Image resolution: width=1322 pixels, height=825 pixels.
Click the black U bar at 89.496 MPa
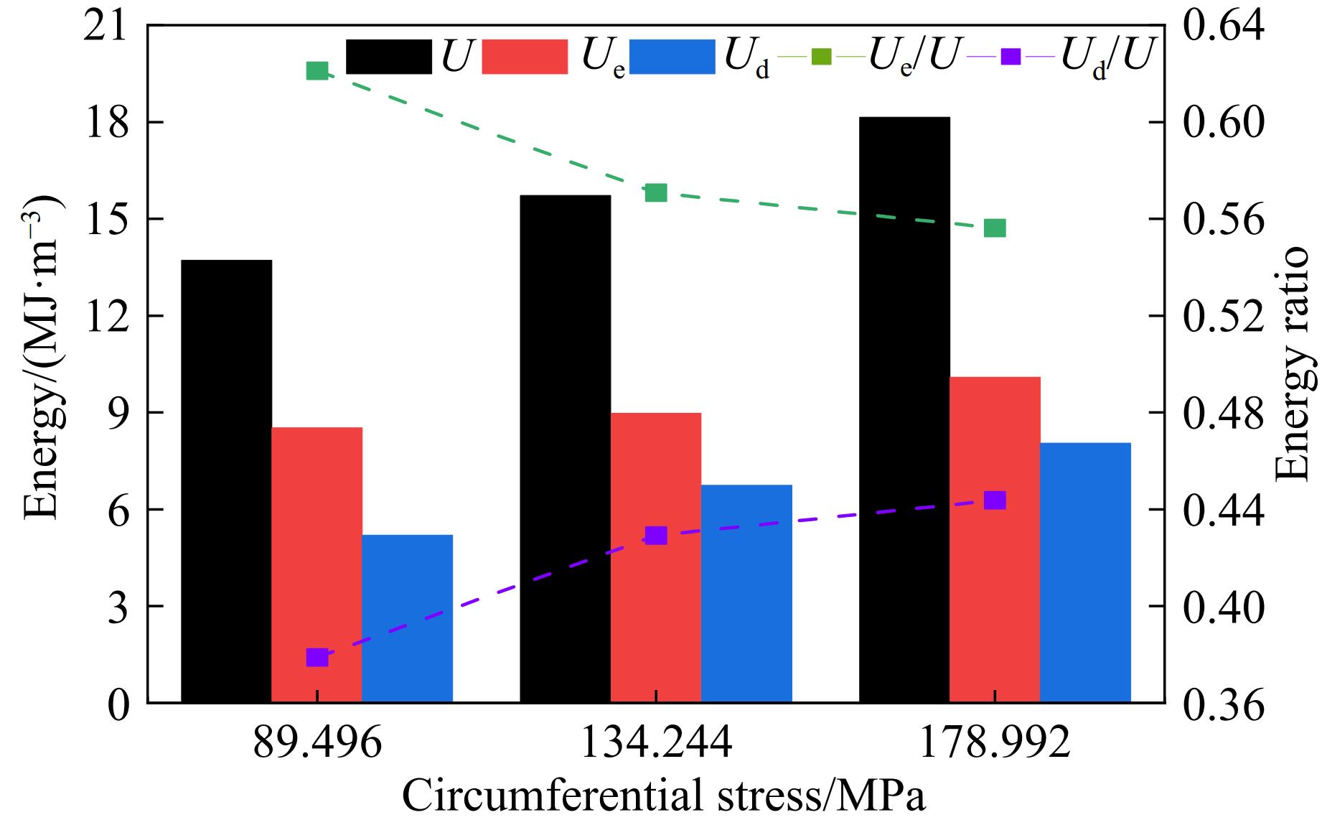tap(226, 481)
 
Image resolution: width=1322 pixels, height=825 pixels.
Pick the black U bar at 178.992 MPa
tap(904, 409)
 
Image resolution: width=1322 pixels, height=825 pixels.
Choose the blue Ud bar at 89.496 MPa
tap(407, 618)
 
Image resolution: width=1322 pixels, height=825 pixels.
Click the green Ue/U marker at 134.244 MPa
tap(656, 192)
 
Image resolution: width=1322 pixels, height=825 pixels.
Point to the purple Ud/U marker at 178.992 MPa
tap(995, 500)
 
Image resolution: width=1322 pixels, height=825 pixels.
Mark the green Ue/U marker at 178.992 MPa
tap(995, 228)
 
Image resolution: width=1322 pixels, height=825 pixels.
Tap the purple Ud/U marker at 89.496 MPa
tap(317, 657)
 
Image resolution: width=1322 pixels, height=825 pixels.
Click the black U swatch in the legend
tap(388, 57)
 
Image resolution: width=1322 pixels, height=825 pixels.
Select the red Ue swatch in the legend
tap(525, 57)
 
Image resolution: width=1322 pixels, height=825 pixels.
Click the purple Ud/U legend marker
tap(1012, 56)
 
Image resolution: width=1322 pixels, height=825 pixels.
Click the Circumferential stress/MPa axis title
tap(663, 796)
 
